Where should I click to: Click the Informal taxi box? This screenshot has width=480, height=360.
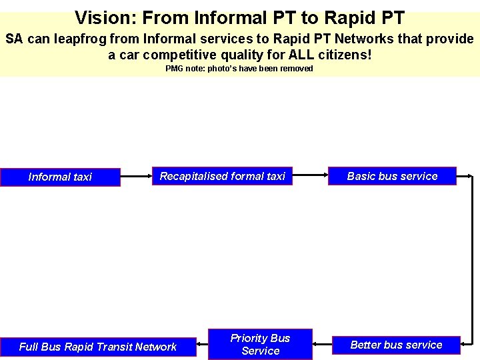coord(60,177)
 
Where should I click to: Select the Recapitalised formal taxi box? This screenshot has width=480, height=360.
coord(222,176)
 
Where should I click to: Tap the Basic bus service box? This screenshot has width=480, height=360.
coord(392,176)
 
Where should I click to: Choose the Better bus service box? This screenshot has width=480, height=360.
coord(396,345)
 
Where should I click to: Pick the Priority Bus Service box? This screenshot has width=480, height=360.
coord(260,345)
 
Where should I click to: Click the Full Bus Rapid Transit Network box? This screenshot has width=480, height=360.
coord(98,347)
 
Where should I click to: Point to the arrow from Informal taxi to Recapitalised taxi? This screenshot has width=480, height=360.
coord(136,177)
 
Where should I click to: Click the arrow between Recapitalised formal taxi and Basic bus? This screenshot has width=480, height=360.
coord(310,176)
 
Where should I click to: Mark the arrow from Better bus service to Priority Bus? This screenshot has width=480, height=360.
coord(322,345)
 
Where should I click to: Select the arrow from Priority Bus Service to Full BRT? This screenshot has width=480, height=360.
coord(202,345)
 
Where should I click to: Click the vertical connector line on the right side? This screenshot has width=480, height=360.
coord(473,260)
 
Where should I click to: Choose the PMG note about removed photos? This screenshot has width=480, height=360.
coord(239,69)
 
